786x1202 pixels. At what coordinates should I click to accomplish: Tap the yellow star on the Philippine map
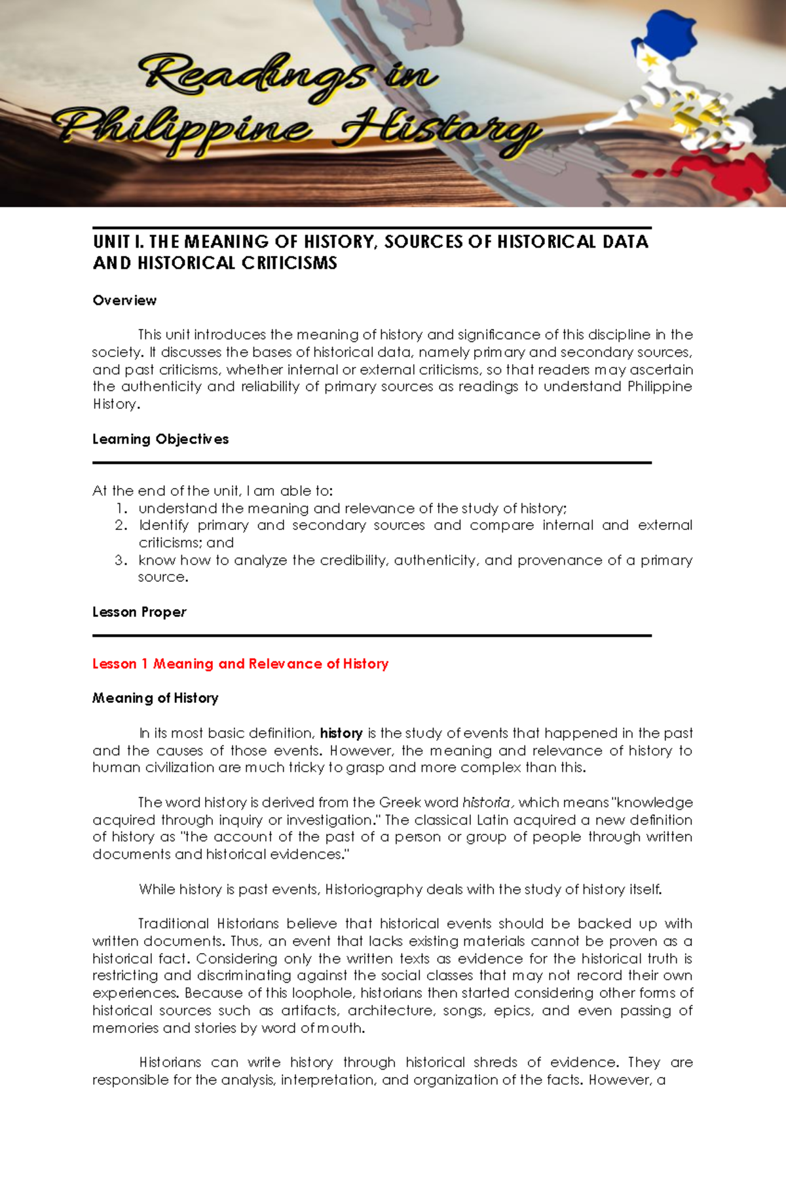coord(650,60)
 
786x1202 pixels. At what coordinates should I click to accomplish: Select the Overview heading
coord(124,301)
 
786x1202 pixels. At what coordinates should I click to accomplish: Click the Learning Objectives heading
coord(160,440)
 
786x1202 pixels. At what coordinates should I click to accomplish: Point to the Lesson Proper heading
coord(140,612)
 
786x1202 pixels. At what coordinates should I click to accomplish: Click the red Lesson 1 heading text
coord(240,664)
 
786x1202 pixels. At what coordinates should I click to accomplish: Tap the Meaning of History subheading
coord(155,698)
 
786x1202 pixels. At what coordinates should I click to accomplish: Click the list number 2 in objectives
coord(121,525)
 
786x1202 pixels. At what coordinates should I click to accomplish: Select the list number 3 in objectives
coord(121,560)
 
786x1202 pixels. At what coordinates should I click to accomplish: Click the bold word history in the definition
coord(341,733)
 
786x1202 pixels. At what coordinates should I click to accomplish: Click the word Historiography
coord(374,890)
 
